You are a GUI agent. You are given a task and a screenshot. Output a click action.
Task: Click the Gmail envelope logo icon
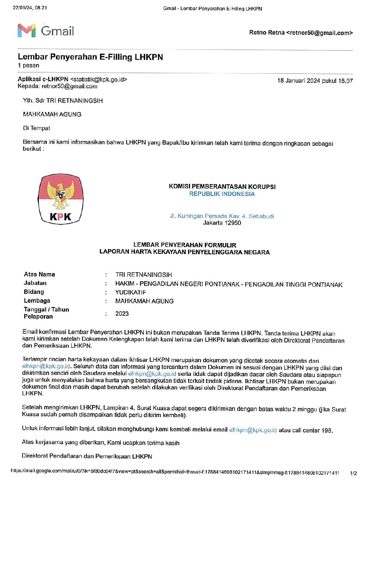coord(27,31)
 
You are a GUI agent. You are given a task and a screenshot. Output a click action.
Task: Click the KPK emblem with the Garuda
coord(60,199)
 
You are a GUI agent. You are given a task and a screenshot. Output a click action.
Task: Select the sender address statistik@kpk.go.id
coord(98,79)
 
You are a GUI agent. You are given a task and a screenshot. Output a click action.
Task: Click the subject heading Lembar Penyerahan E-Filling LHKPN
coord(90,57)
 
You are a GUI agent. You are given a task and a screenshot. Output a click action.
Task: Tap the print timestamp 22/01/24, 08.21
coord(30,8)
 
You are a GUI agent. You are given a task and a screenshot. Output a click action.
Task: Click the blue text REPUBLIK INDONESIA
coord(222,194)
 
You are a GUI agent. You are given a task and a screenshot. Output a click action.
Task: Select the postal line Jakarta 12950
coord(222,223)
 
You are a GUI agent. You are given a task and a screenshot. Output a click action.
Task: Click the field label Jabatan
coord(35,283)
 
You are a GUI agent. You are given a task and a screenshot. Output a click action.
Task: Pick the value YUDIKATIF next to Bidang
coord(131,292)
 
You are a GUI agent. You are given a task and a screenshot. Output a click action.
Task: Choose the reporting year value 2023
coord(122,314)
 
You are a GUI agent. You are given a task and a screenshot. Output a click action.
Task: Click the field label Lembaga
coord(37,301)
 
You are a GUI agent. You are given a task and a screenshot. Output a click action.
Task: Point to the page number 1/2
coord(353,473)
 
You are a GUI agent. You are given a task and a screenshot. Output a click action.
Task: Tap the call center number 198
coord(327,431)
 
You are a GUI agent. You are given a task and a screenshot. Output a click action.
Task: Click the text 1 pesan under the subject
coord(28,66)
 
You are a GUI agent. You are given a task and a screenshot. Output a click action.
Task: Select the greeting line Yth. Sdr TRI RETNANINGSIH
coord(63,101)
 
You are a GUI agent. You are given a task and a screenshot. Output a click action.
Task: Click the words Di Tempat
coord(37,128)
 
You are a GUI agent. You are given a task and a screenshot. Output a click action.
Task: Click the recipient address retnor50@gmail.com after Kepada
coord(69,86)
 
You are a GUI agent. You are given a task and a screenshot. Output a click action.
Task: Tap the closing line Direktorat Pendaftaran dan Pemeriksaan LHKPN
coord(87,456)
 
